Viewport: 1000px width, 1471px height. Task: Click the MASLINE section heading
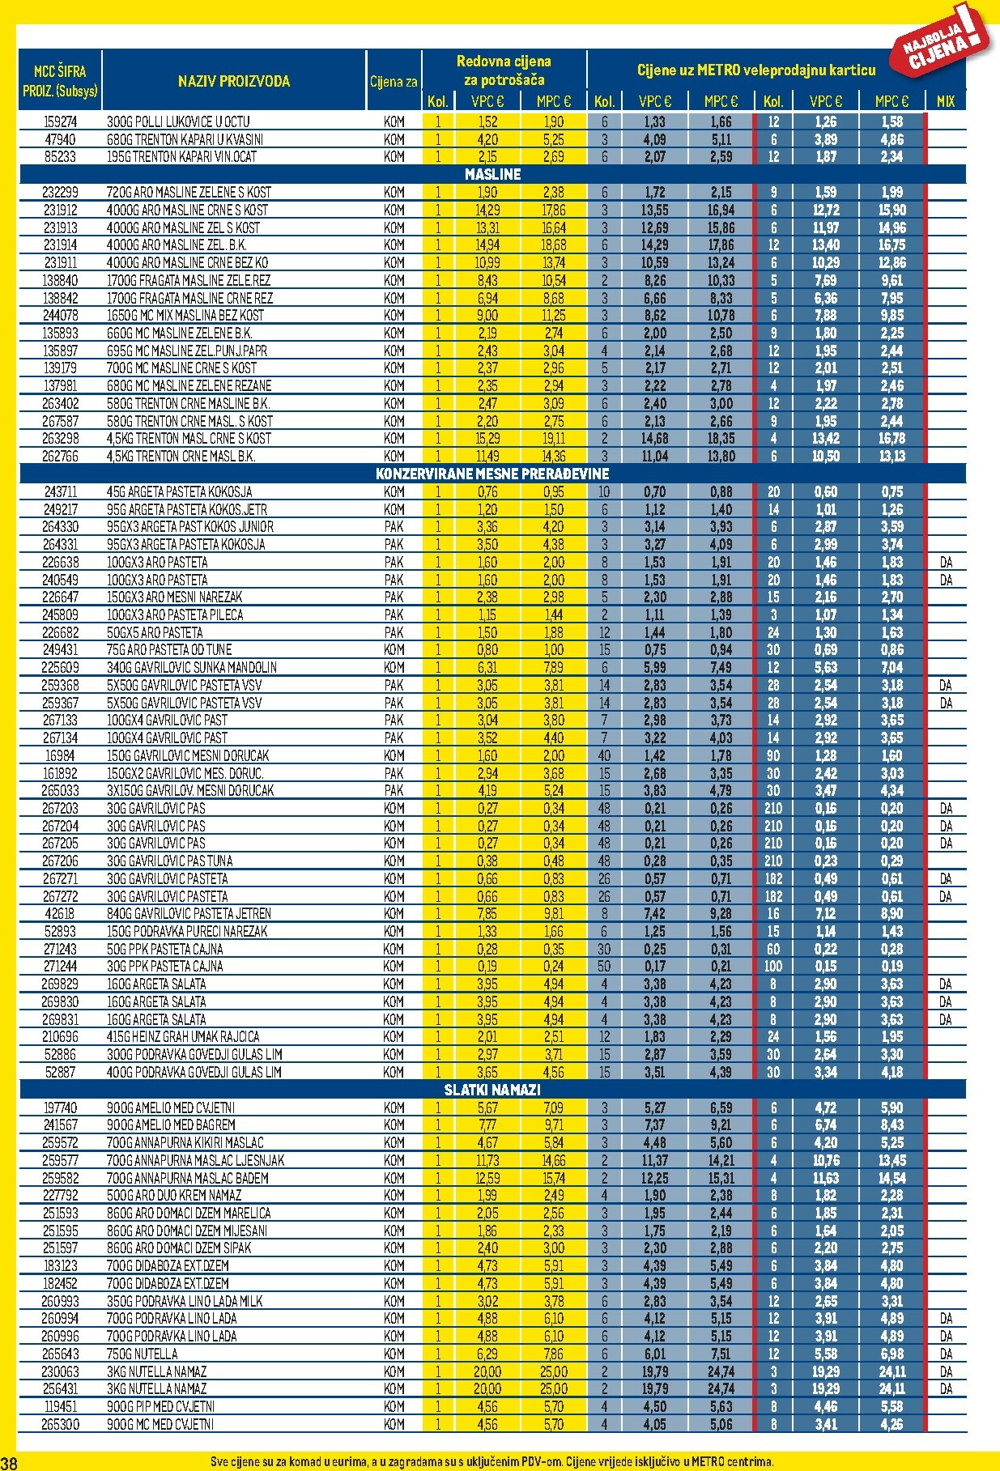point(492,174)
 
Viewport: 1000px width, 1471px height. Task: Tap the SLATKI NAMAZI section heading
point(492,1090)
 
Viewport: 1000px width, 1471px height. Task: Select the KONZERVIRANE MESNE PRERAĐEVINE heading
point(492,474)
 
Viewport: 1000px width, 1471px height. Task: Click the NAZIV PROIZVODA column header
point(233,81)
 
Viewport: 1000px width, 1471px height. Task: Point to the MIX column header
point(945,101)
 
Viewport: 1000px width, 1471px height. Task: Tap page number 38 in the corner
point(9,1462)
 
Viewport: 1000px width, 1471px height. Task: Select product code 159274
point(60,121)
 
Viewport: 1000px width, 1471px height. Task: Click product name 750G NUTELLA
point(142,1354)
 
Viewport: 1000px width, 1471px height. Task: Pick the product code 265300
point(60,1424)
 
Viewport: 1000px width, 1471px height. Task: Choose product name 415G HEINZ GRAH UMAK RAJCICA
point(183,1037)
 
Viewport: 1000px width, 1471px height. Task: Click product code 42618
point(60,914)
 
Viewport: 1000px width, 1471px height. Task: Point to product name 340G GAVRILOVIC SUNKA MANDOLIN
point(191,668)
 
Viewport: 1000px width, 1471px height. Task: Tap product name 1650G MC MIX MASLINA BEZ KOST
point(185,315)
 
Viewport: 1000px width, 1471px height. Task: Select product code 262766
point(60,456)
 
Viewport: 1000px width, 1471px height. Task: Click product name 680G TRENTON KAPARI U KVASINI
point(185,139)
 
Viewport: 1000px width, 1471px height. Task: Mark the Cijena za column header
point(394,81)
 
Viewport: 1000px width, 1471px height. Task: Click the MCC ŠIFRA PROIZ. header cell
point(60,81)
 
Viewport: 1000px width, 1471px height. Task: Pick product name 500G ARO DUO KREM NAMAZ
point(174,1195)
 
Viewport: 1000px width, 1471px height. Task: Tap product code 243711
point(60,491)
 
